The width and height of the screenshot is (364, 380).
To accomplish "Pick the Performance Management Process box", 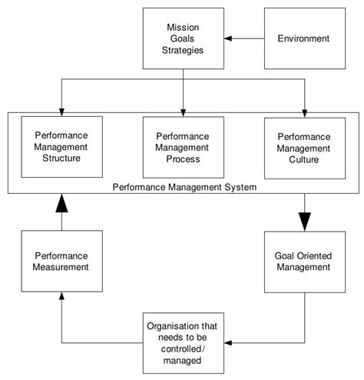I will coord(184,146).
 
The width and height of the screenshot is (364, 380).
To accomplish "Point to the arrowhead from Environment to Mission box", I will coord(228,37).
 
